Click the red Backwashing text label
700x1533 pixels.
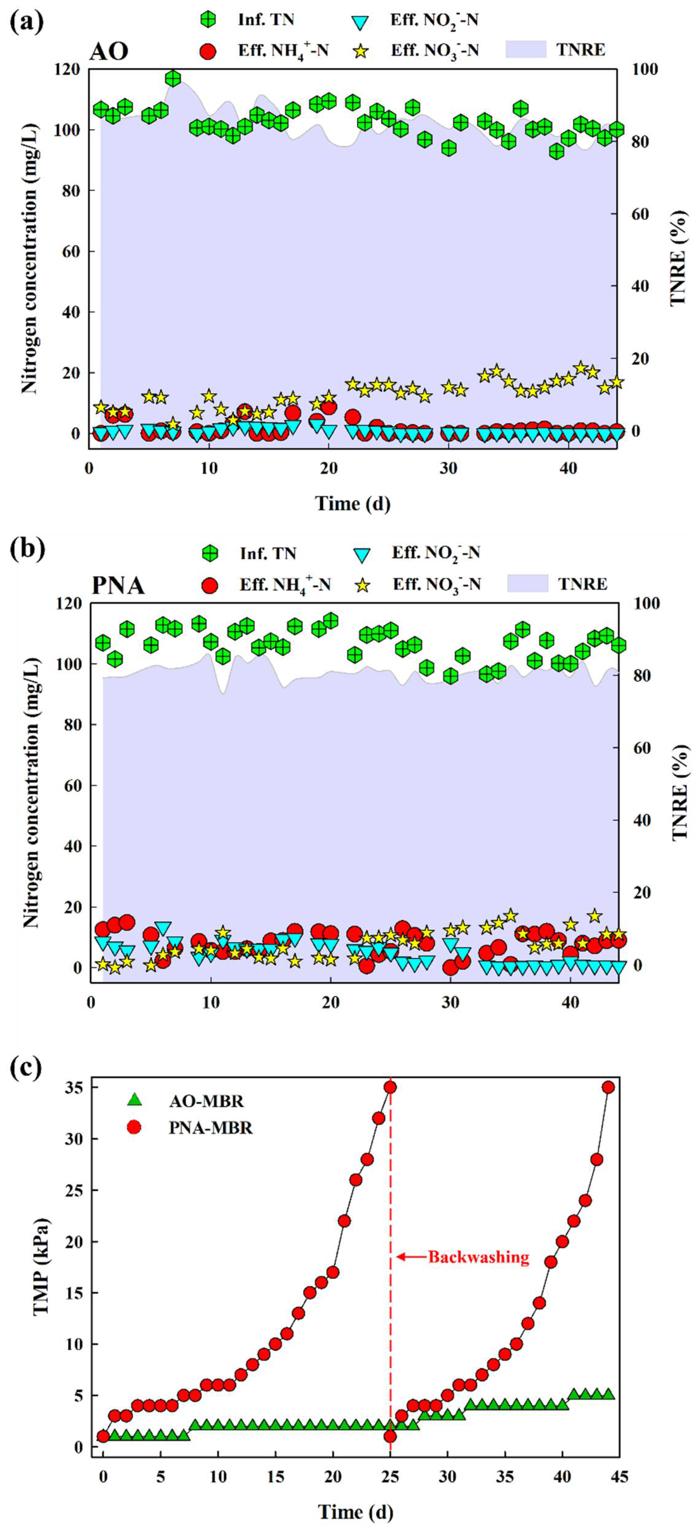tap(479, 1258)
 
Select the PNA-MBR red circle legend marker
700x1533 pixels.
tap(135, 1127)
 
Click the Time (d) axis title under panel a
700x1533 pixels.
tap(352, 504)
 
